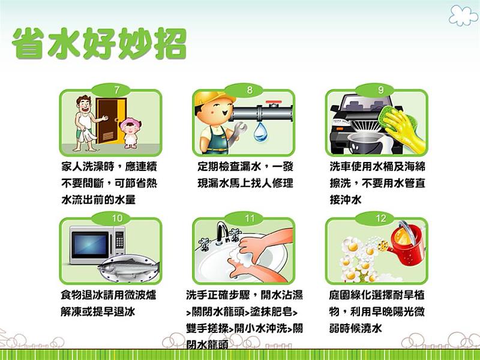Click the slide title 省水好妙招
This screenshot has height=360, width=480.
coord(99,43)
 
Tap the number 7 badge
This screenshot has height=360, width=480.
coord(116,89)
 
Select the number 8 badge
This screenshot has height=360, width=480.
coord(250,89)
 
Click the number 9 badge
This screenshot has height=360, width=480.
coord(381,89)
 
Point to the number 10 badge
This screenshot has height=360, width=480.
coord(116,218)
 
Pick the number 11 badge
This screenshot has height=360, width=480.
coord(250,218)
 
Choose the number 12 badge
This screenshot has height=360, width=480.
coord(381,218)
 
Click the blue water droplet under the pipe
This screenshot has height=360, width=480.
coord(260,132)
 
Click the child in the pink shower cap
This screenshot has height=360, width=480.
coord(128,133)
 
